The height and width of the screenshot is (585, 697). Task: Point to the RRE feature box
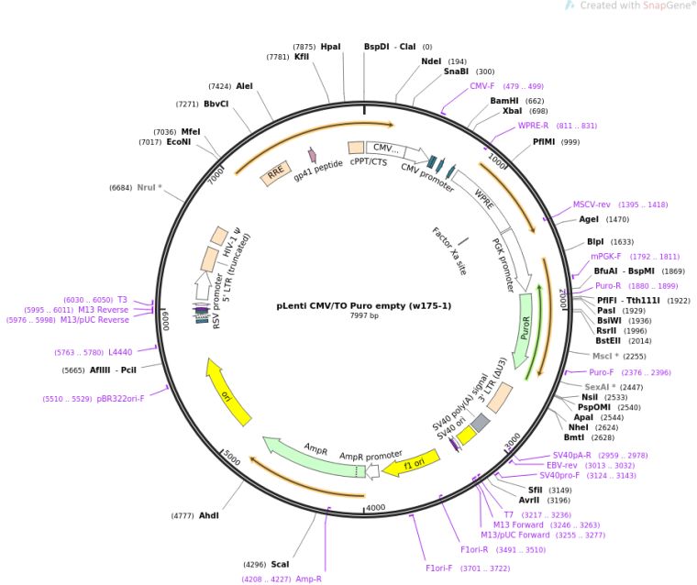click(275, 174)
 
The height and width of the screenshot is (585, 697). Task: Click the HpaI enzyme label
click(330, 46)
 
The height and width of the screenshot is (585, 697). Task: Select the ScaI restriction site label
click(280, 564)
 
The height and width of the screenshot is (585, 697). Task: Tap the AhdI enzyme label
click(209, 515)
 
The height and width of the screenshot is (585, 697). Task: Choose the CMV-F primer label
click(482, 86)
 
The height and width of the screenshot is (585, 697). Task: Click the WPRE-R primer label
click(533, 126)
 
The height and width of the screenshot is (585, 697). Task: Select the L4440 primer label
click(120, 351)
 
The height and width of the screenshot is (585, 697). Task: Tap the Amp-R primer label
click(308, 579)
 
